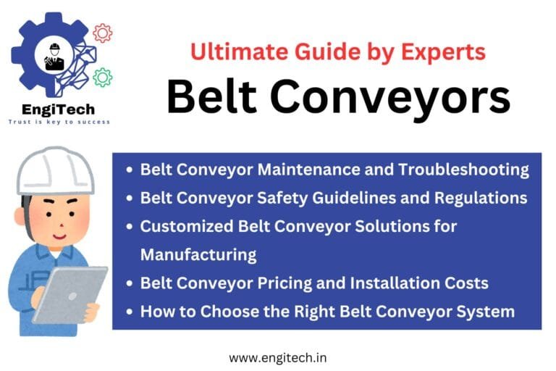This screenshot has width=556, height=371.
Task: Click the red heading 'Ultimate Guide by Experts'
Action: pyautogui.click(x=337, y=51)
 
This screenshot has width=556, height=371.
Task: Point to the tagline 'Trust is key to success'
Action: pyautogui.click(x=59, y=122)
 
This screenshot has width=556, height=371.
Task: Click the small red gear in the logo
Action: pyautogui.click(x=103, y=33)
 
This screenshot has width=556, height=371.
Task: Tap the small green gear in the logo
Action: pyautogui.click(x=103, y=78)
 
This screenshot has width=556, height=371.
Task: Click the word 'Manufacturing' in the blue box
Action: pyautogui.click(x=198, y=254)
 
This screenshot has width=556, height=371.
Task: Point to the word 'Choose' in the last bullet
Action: pyautogui.click(x=222, y=311)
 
